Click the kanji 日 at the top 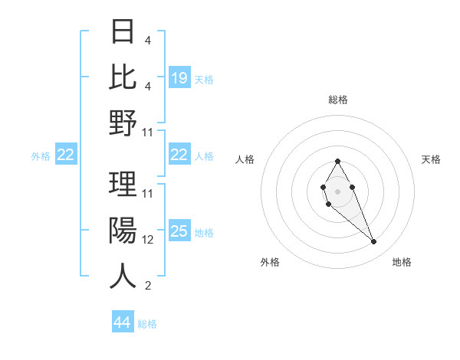click(123, 32)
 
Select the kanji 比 click(123, 77)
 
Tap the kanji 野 click(123, 122)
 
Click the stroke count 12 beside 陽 click(148, 240)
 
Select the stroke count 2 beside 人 click(147, 286)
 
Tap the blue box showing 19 click(179, 77)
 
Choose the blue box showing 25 click(179, 231)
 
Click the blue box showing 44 click(123, 322)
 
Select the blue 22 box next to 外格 click(66, 155)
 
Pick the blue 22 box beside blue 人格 click(179, 155)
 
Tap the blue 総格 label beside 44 click(147, 324)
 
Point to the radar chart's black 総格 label click(337, 100)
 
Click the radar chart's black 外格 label click(270, 262)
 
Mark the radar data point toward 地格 click(374, 242)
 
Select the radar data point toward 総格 click(337, 161)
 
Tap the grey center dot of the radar click(337, 189)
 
